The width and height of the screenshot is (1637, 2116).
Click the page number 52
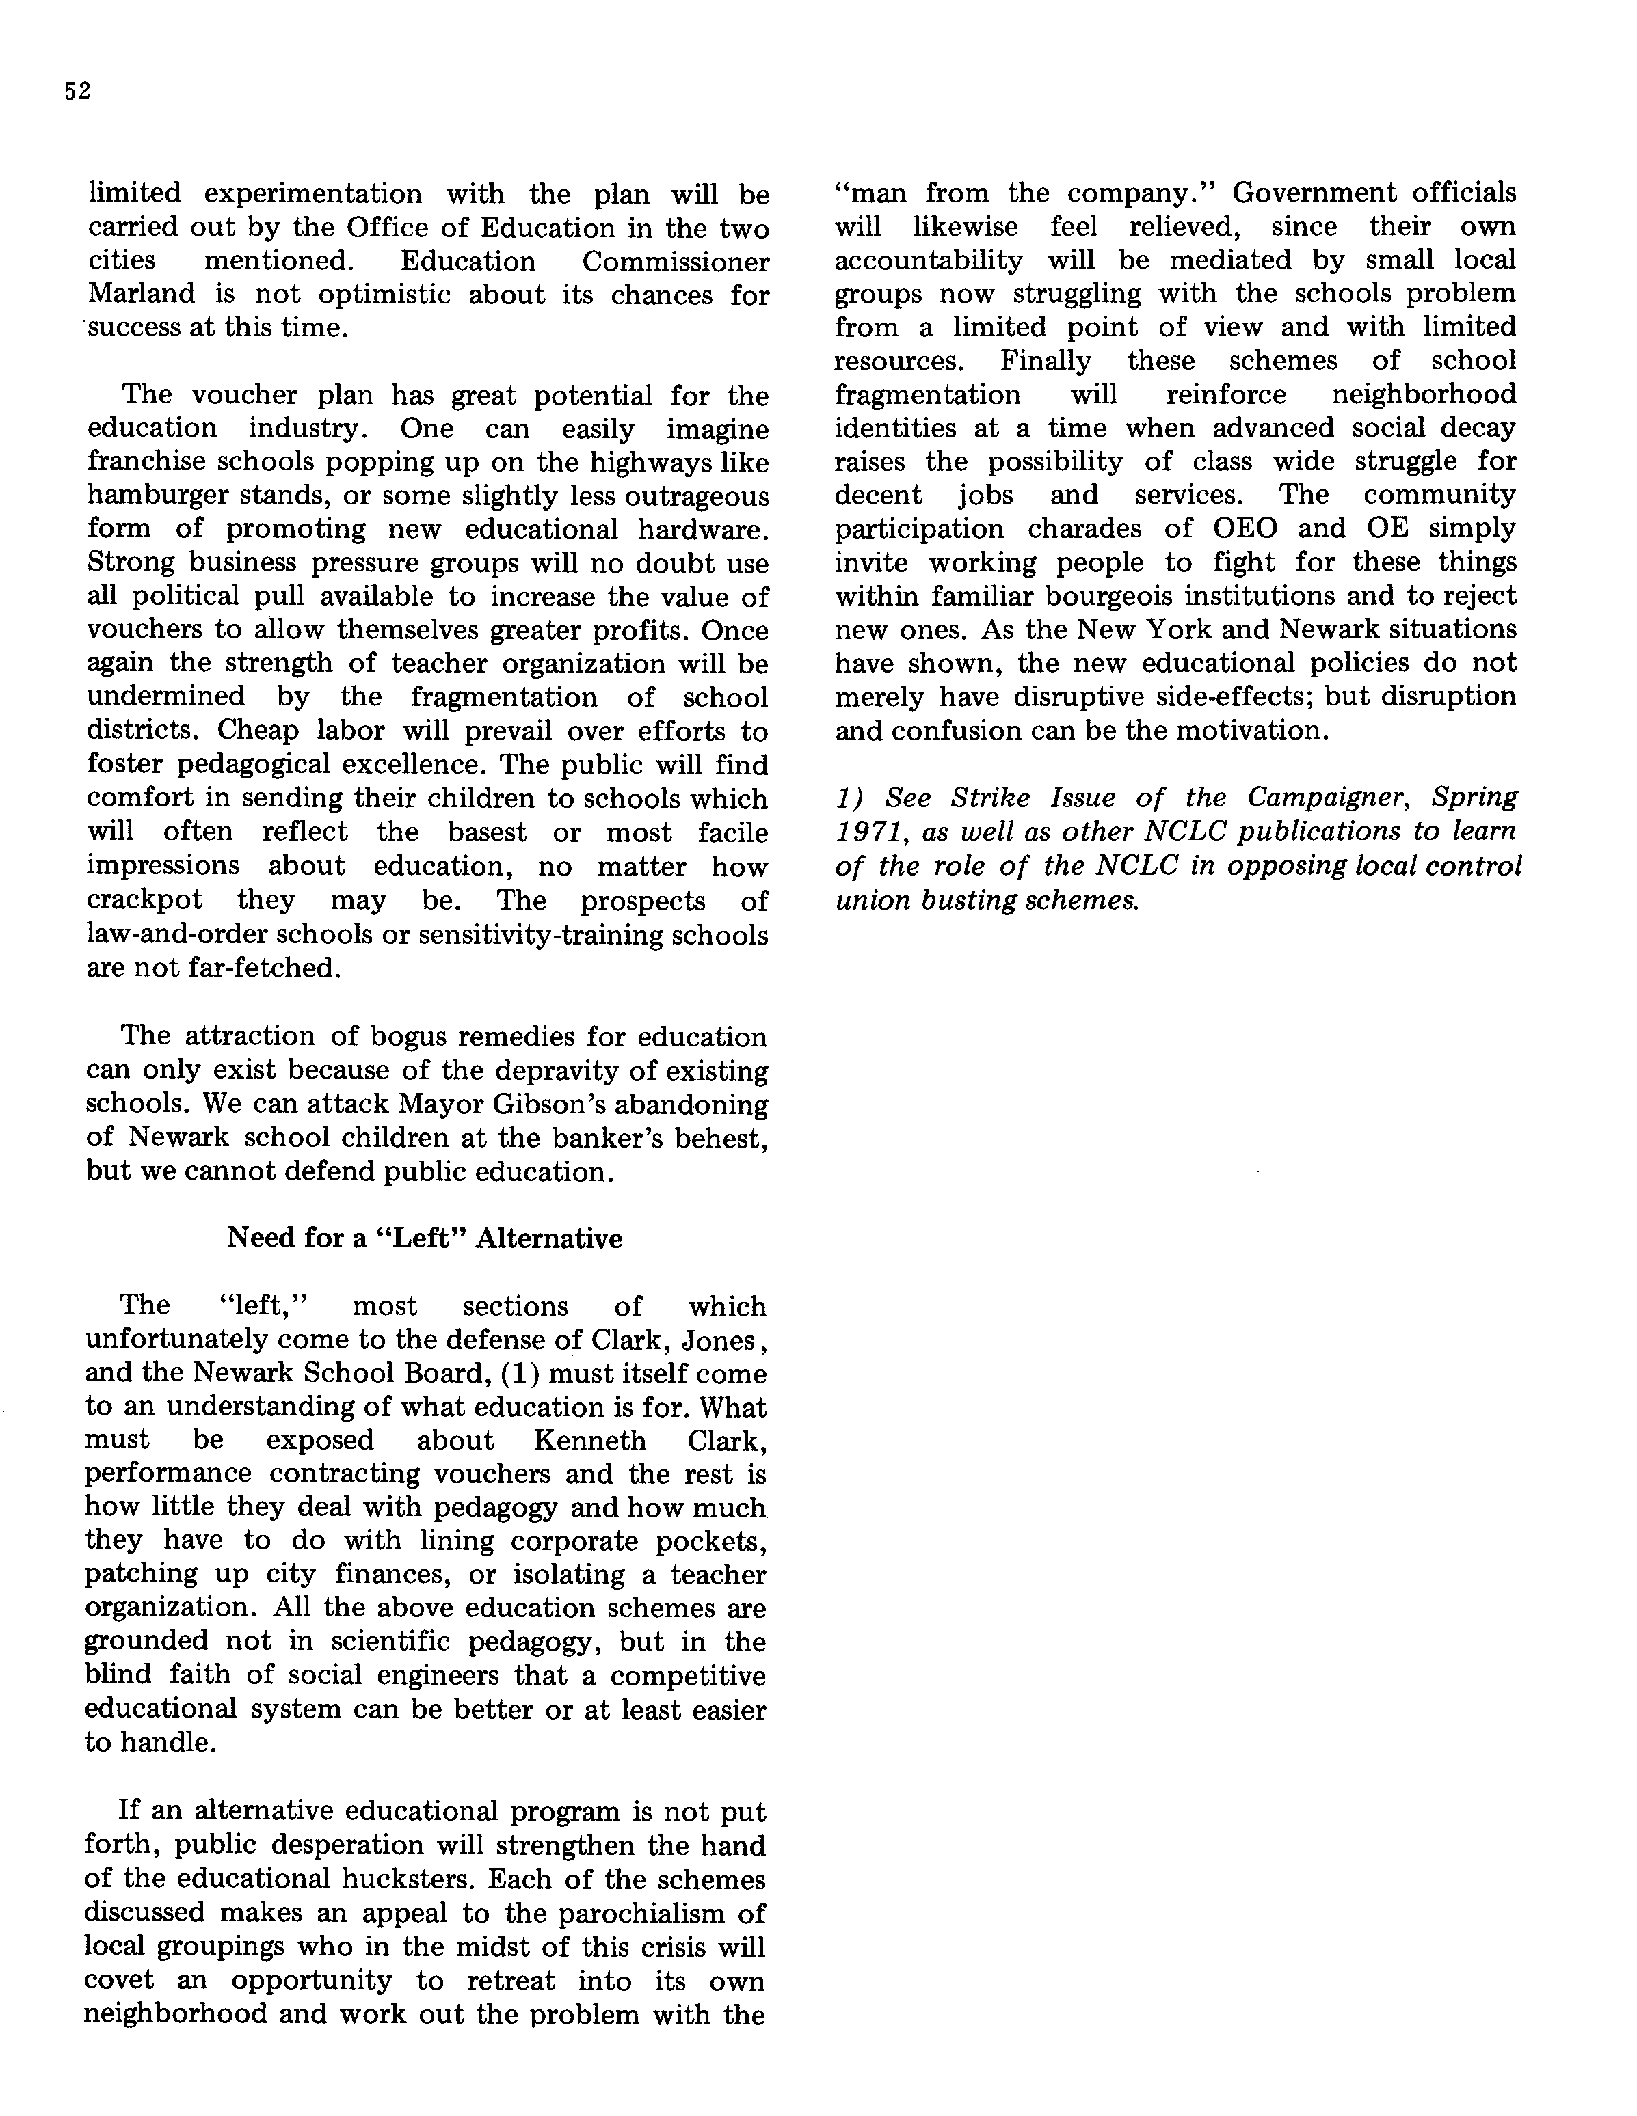tap(77, 92)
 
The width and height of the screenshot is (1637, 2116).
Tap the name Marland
tap(142, 294)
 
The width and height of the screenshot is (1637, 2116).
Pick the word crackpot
tap(144, 899)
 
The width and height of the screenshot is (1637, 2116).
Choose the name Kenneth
tap(589, 1440)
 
